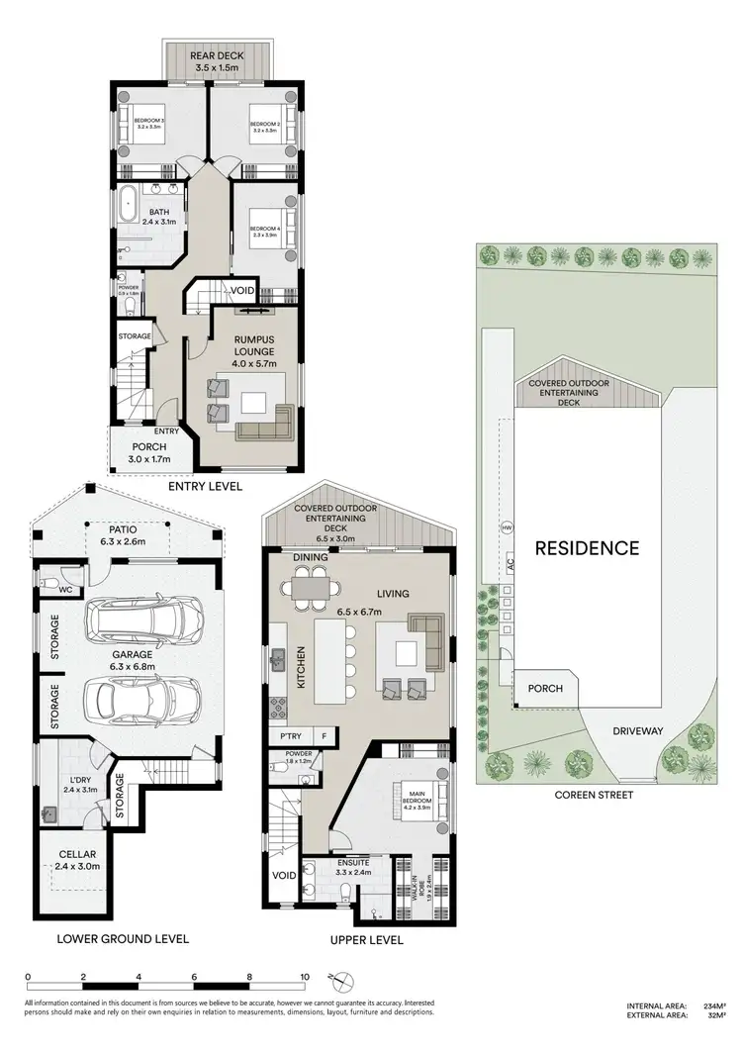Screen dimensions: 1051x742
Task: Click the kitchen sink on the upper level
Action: [x=280, y=654]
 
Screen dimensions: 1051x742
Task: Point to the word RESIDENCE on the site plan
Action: [x=588, y=547]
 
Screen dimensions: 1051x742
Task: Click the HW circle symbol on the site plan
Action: [x=508, y=526]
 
